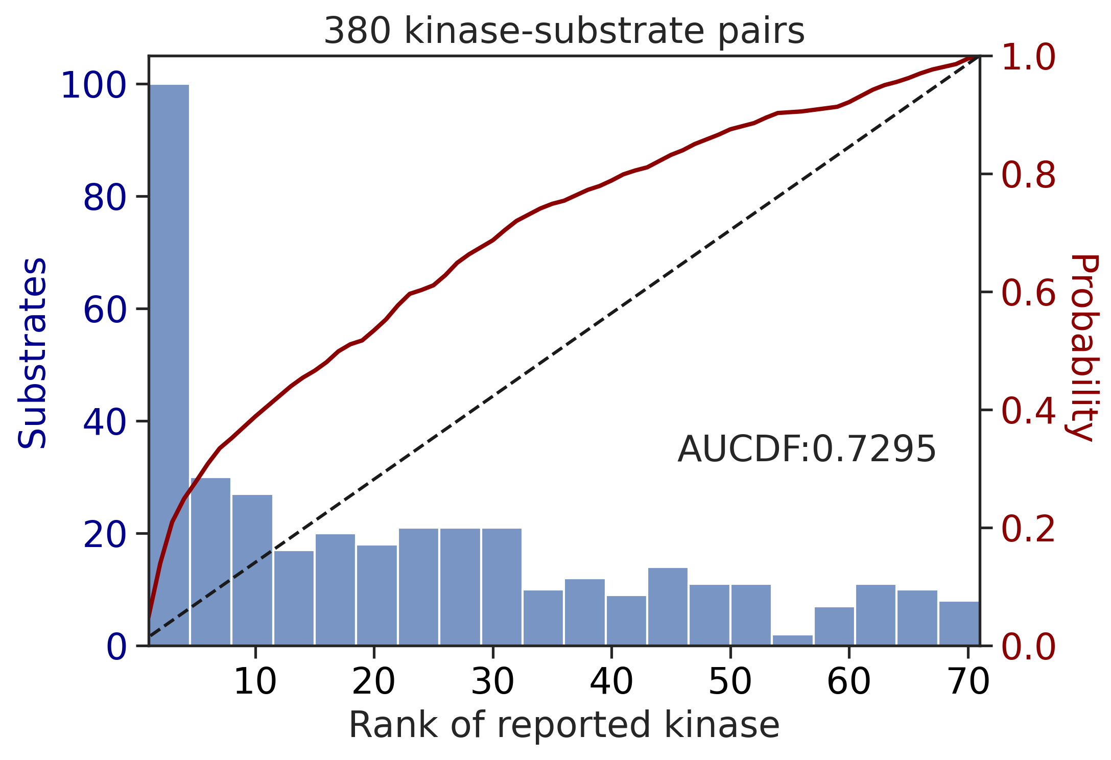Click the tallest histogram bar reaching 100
pos(169,365)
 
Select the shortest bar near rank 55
pos(792,640)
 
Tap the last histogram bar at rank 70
pos(959,623)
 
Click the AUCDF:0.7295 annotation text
pos(807,450)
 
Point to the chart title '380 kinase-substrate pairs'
pos(564,31)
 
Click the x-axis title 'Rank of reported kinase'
pos(564,725)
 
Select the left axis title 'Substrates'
pos(32,353)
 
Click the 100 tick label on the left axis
pos(93,85)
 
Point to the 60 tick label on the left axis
pos(105,310)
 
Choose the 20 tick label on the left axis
pos(105,534)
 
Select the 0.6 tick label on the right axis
pos(1028,293)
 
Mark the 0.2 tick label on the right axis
pos(1028,529)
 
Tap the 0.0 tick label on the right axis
pos(1028,647)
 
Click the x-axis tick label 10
pos(255,681)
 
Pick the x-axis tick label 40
pos(611,681)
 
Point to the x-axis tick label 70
pos(968,681)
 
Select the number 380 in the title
pos(358,31)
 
